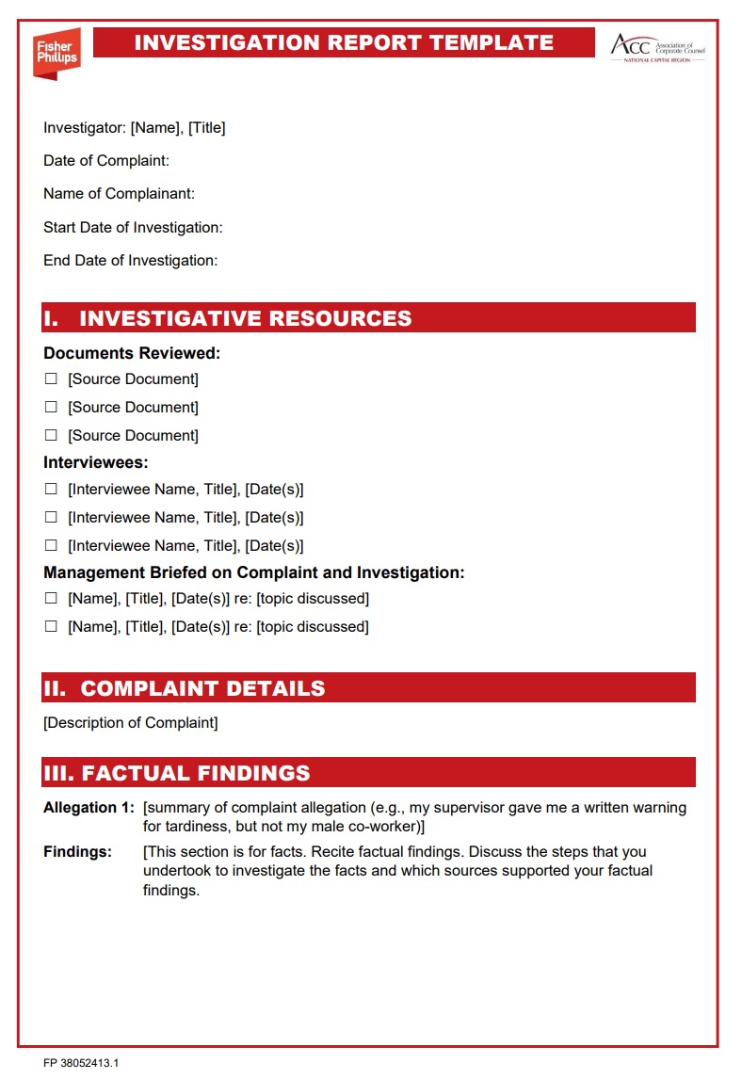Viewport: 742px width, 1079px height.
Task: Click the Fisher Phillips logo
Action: click(56, 52)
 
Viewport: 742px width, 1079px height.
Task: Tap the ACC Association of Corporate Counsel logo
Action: click(657, 46)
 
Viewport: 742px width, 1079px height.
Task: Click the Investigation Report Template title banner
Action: click(344, 42)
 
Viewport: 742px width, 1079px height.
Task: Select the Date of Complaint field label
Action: click(106, 161)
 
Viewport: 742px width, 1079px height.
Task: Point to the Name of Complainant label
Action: click(119, 194)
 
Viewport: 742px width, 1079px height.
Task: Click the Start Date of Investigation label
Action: click(133, 227)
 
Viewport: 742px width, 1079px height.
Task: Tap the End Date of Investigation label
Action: click(130, 260)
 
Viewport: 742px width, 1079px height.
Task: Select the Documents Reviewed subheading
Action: click(132, 354)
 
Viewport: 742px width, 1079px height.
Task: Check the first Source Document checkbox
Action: click(51, 379)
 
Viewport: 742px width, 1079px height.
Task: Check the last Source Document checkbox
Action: click(51, 436)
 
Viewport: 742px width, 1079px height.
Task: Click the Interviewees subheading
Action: click(96, 462)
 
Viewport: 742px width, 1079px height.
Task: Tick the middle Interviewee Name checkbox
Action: click(51, 517)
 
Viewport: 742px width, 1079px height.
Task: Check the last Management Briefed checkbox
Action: click(51, 626)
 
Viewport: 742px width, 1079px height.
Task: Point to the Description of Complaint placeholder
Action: click(130, 723)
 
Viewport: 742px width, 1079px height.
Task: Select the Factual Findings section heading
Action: click(177, 773)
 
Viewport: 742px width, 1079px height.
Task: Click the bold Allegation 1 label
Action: click(89, 808)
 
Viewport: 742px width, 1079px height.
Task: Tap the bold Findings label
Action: click(77, 852)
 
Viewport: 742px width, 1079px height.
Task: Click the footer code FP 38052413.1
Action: click(81, 1063)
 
